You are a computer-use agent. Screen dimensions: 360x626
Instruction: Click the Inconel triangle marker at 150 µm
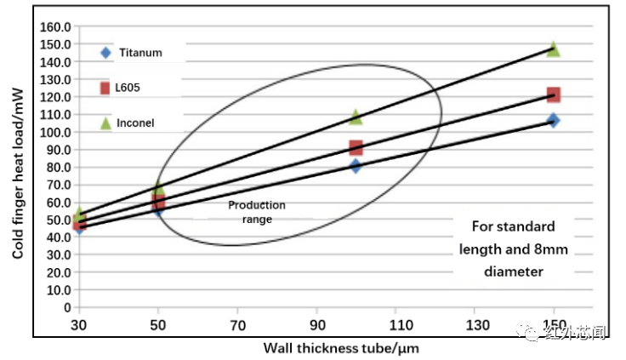[x=553, y=49]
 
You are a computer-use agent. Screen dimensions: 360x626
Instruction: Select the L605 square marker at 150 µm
[x=553, y=94]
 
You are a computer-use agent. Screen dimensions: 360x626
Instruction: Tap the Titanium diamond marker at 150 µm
[x=553, y=120]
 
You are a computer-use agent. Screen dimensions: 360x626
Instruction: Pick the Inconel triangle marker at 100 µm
[x=356, y=117]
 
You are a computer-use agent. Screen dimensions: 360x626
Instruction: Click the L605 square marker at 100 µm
[x=356, y=148]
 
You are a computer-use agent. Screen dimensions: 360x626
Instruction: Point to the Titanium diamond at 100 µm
[x=356, y=166]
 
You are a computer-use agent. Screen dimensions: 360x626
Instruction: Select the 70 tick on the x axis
[x=237, y=326]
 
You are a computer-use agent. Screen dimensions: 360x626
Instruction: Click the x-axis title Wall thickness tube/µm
[x=340, y=347]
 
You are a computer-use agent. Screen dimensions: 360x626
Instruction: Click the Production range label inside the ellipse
[x=257, y=212]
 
